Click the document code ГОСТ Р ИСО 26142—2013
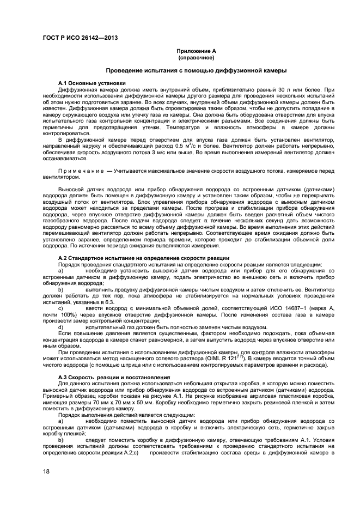[80, 38]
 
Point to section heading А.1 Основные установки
[87, 83]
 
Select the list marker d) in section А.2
[61, 327]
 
